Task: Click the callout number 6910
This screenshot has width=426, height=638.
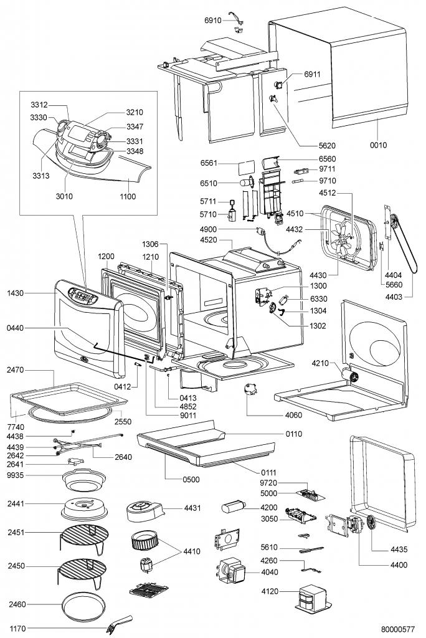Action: click(x=213, y=21)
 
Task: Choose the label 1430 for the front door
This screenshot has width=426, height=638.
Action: click(x=16, y=293)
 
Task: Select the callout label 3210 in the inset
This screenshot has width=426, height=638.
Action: click(x=135, y=113)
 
